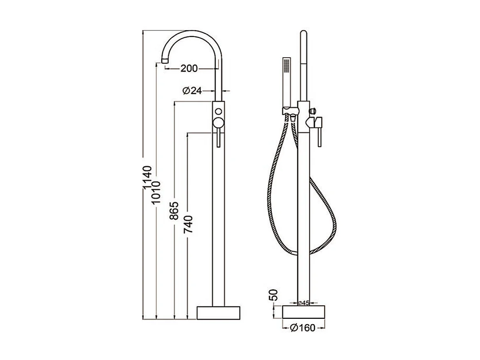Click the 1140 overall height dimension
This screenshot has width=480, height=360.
[148, 178]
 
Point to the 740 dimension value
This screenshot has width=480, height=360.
[188, 224]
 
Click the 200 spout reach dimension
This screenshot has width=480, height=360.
[189, 68]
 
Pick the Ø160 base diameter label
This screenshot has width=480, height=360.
[302, 328]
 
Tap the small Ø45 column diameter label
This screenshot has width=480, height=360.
[303, 303]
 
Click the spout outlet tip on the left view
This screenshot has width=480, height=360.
[166, 61]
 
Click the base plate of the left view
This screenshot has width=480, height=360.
[218, 313]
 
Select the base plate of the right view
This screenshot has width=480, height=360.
[303, 313]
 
